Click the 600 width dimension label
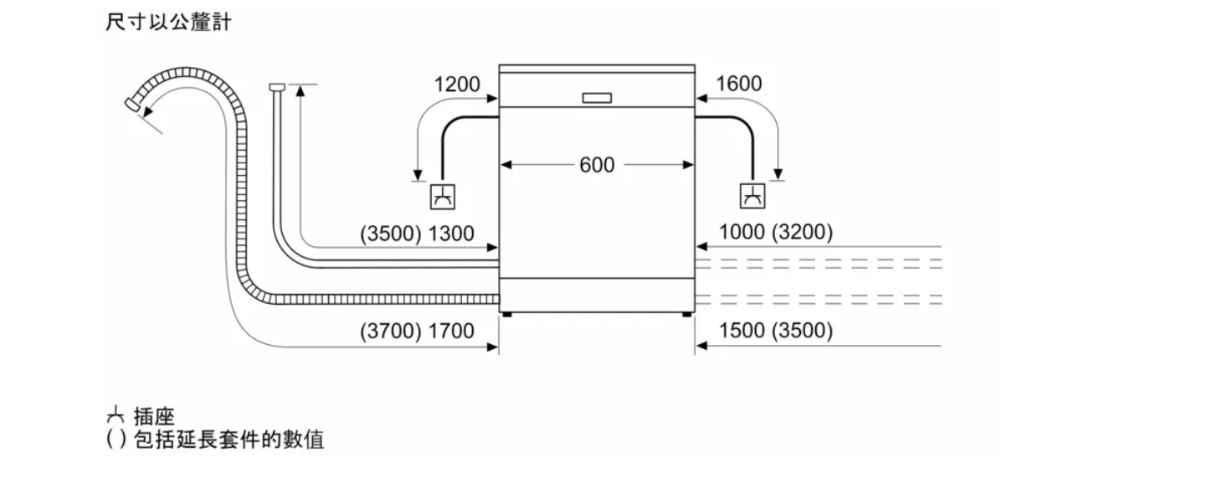click(x=597, y=164)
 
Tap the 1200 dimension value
click(x=456, y=85)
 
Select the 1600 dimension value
click(x=739, y=84)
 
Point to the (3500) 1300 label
click(x=417, y=234)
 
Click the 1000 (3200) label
click(x=776, y=232)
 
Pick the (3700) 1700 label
click(x=417, y=332)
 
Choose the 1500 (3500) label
click(x=776, y=331)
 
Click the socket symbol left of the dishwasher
click(x=443, y=197)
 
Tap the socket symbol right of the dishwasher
click(x=752, y=196)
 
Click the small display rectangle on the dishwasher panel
click(x=597, y=98)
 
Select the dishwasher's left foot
click(x=506, y=315)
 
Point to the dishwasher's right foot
click(x=686, y=315)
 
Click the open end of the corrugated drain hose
click(x=131, y=104)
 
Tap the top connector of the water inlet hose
click(x=277, y=87)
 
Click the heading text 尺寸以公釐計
click(x=168, y=23)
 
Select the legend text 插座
click(x=154, y=417)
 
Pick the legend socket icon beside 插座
click(x=115, y=415)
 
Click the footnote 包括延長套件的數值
click(x=229, y=439)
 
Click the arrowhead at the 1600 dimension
click(x=702, y=99)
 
